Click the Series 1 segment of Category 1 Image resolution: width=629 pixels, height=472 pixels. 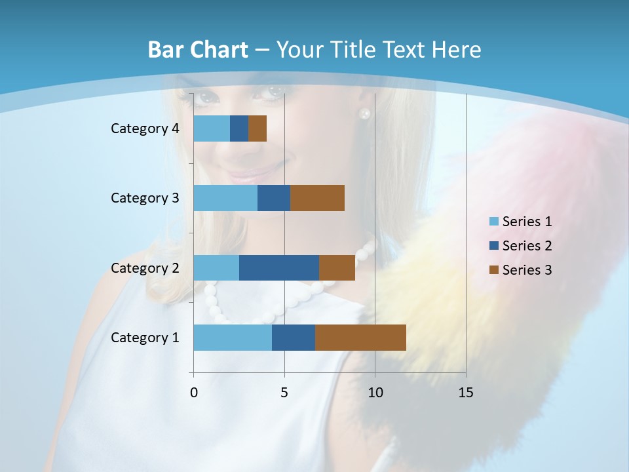pyautogui.click(x=233, y=338)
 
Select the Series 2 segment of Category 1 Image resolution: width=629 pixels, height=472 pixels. pyautogui.click(x=294, y=338)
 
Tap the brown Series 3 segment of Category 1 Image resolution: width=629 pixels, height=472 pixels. pyautogui.click(x=360, y=338)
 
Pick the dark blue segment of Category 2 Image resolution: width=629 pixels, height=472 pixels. pyautogui.click(x=279, y=267)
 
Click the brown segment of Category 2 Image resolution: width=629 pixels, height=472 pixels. pyautogui.click(x=337, y=267)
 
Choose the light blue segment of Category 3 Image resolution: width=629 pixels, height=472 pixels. pyautogui.click(x=225, y=198)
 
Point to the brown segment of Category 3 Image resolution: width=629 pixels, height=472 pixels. pyautogui.click(x=317, y=198)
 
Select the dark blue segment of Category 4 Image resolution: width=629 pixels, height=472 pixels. pyautogui.click(x=239, y=128)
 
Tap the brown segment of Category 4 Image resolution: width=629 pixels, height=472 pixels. pyautogui.click(x=257, y=128)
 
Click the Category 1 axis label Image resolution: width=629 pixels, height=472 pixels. pyautogui.click(x=145, y=338)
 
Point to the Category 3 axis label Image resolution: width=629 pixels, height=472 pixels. pyautogui.click(x=145, y=198)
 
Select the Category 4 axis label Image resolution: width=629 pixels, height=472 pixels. pyautogui.click(x=145, y=128)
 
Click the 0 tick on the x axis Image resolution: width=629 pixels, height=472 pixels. pyautogui.click(x=194, y=393)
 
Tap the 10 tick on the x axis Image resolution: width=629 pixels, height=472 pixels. pyautogui.click(x=375, y=393)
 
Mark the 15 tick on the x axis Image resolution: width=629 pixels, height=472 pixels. pyautogui.click(x=466, y=393)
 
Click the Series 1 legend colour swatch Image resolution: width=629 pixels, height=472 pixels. pyautogui.click(x=493, y=222)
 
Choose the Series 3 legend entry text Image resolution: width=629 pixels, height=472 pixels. pyautogui.click(x=527, y=270)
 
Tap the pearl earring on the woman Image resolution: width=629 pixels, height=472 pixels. pyautogui.click(x=364, y=113)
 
